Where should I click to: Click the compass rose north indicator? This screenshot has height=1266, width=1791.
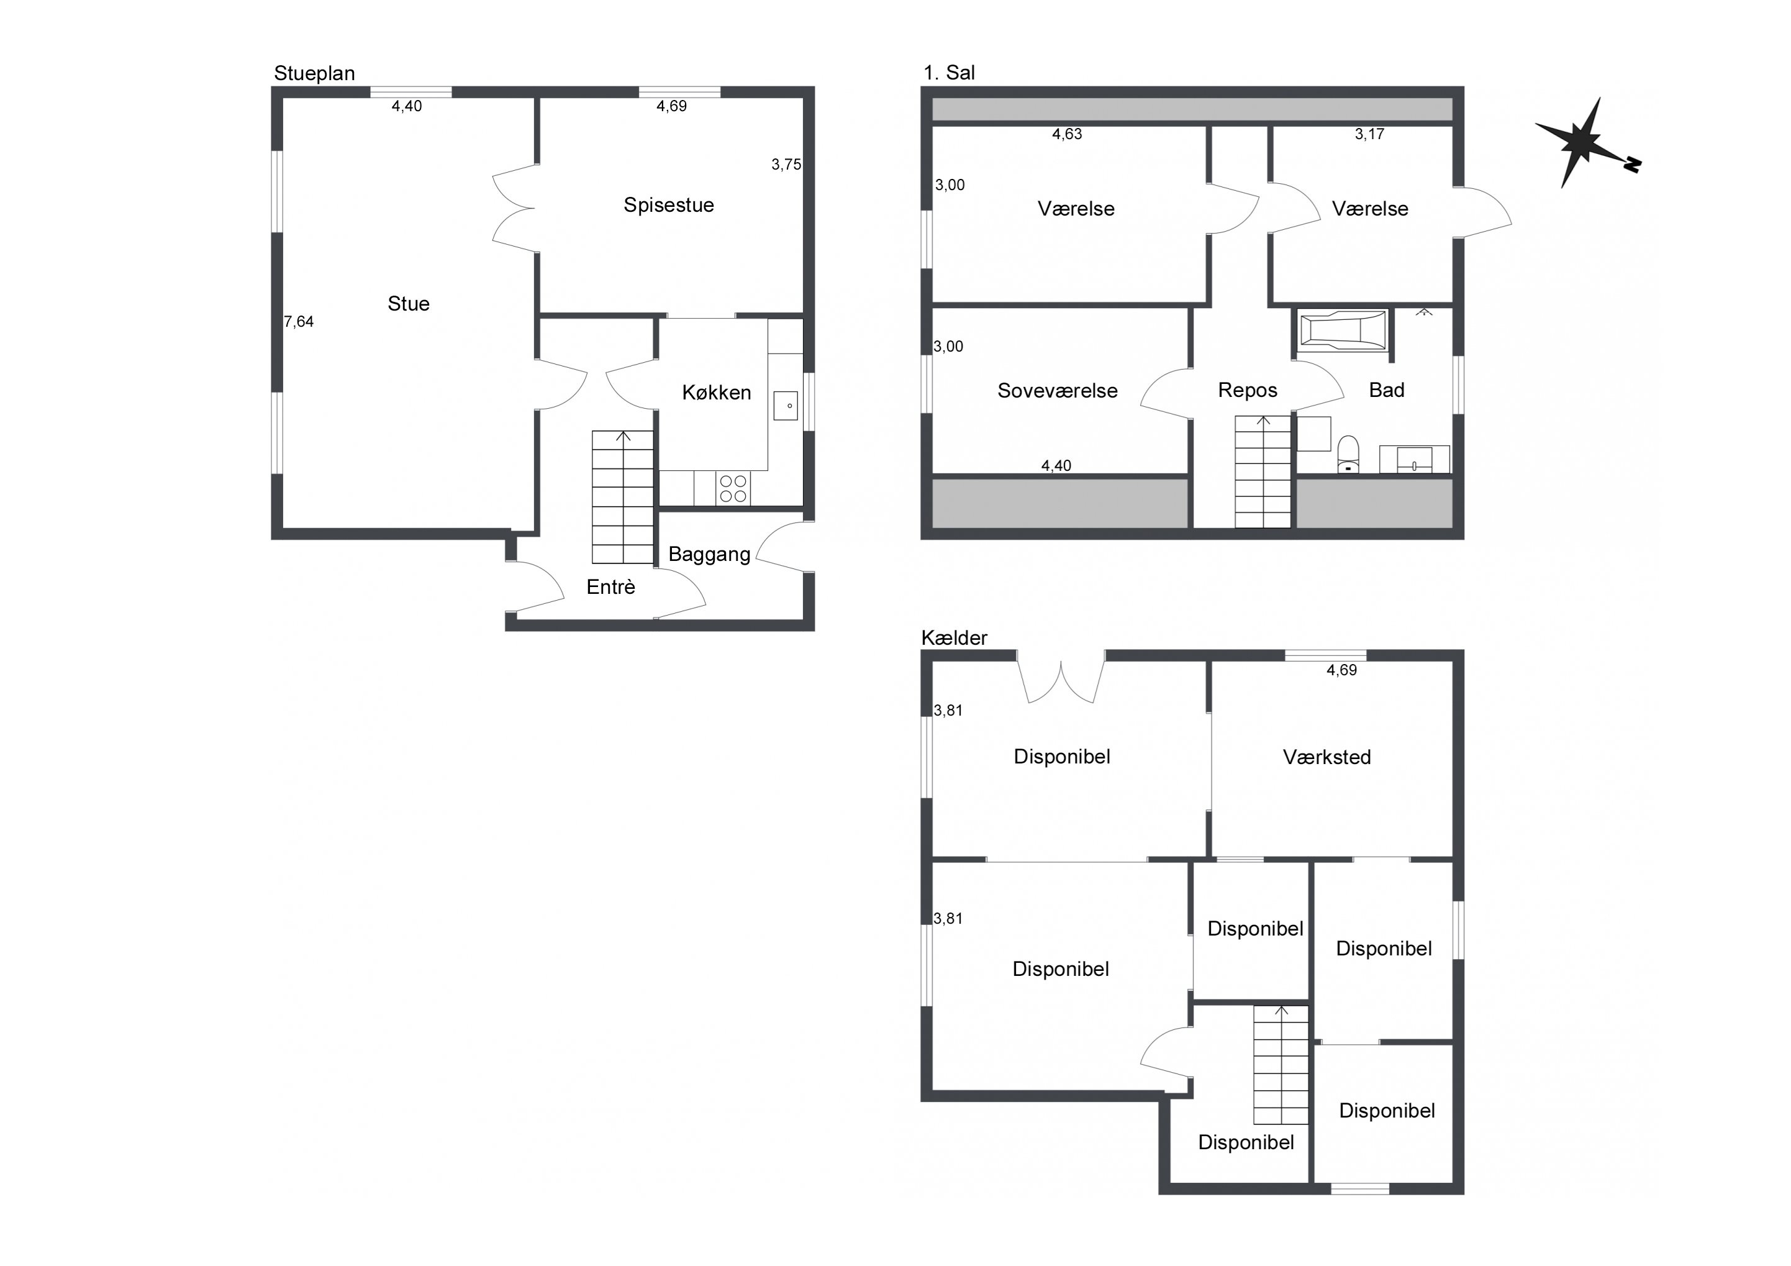pos(1587,143)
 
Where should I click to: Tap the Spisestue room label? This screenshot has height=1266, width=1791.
pos(668,205)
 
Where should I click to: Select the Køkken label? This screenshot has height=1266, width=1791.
pos(716,392)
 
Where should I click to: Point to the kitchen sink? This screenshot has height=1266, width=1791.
pos(786,406)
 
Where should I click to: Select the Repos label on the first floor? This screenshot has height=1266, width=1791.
pos(1247,390)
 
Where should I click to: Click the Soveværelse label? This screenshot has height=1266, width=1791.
pos(1057,390)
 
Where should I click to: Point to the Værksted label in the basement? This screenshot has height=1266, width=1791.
pos(1326,757)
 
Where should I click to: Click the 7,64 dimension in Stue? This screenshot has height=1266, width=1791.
pos(299,322)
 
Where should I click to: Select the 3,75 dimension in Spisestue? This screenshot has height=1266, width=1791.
pos(786,165)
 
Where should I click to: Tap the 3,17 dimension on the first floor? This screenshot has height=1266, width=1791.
pos(1369,134)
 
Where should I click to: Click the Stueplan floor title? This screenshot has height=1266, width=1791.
pos(314,73)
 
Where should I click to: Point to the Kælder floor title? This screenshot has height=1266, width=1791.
pos(954,638)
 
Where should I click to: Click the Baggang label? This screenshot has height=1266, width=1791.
pos(709,554)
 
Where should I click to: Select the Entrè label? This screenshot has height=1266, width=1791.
pos(611,587)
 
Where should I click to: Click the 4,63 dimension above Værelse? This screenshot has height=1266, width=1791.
pos(1066,134)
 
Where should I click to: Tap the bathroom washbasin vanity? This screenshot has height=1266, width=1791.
pos(1414,459)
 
